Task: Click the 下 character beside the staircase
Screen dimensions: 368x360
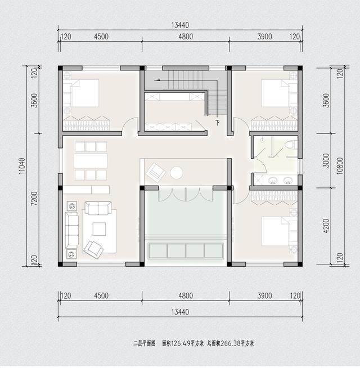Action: [x=218, y=122]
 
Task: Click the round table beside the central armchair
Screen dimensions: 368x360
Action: [x=177, y=173]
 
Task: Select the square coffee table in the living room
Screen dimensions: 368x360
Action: [x=100, y=228]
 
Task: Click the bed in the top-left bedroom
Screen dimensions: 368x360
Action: [x=84, y=93]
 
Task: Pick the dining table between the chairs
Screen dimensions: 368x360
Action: [x=91, y=161]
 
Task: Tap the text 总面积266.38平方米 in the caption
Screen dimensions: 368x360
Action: [x=231, y=343]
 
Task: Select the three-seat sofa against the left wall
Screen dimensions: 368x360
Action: [x=72, y=230]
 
